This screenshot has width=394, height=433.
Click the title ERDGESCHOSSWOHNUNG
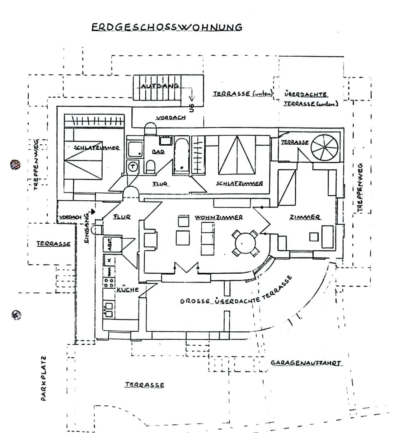coord(167,27)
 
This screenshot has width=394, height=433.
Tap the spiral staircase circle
coord(324,147)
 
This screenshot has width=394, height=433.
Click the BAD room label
coord(158,152)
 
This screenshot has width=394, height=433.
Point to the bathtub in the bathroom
coord(182,156)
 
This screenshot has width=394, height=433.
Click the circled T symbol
coord(133,166)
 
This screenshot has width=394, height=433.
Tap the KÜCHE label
coord(127,289)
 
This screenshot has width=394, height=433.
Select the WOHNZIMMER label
coord(219,217)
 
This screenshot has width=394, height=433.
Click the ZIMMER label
coord(305,217)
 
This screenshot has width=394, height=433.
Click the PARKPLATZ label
coord(44,378)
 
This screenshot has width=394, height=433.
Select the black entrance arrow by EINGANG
coord(93,211)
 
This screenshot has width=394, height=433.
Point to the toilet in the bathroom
coord(151,166)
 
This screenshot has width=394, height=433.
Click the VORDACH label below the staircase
coord(171,118)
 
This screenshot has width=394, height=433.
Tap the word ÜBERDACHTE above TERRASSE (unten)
coord(305,94)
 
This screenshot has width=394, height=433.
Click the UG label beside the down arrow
coord(192,108)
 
